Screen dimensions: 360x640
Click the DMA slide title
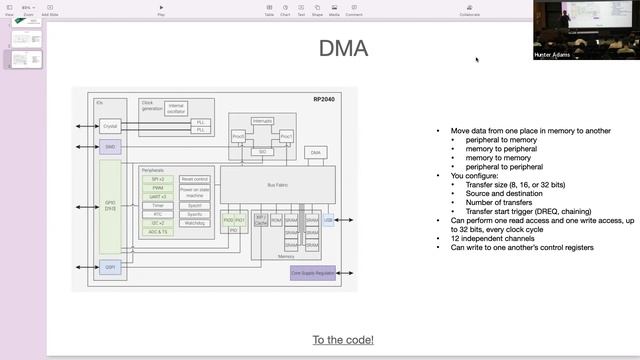point(343,48)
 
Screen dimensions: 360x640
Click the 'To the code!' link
point(343,340)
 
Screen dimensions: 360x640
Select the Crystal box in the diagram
point(109,127)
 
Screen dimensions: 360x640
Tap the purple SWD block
point(109,146)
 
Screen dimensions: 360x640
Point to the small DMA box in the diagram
point(316,152)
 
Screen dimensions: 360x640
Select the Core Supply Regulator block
point(313,272)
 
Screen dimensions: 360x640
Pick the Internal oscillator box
point(176,106)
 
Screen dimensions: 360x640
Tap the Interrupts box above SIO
point(262,120)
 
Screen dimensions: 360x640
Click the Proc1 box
point(286,136)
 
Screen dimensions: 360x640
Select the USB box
point(328,219)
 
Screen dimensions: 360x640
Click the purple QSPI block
point(109,267)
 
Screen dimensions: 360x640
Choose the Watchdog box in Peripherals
point(194,222)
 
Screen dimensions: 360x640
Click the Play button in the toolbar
point(161,10)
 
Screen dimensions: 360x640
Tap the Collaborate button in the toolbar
point(470,10)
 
